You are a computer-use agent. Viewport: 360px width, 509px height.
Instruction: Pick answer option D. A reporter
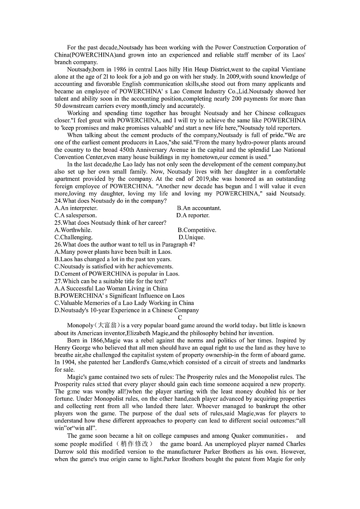(193, 215)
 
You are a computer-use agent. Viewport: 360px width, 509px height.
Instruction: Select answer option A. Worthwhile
(73, 230)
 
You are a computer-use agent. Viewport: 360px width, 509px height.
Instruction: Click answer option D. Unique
(192, 237)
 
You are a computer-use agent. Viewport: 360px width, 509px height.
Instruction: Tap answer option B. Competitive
(197, 230)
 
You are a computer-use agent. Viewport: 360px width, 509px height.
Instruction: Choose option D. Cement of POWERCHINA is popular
(117, 274)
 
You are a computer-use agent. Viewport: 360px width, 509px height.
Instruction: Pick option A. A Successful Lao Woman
(111, 288)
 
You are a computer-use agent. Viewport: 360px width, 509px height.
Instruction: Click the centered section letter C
(180, 318)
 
